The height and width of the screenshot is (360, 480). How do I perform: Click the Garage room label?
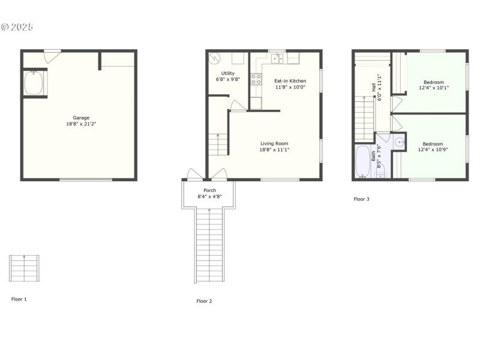point(81,118)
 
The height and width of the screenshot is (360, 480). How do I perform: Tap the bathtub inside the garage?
point(34,83)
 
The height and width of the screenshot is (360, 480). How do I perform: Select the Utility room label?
point(227,73)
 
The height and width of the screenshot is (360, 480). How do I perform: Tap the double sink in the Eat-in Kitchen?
point(277,59)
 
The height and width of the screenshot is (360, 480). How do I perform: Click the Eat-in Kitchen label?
point(290,80)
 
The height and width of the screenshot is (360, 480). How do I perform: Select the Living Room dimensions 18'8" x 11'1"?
point(275,149)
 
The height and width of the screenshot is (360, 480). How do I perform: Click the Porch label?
point(209,190)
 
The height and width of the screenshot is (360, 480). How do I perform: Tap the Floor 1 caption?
point(19,299)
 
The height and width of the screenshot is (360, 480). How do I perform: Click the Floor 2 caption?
point(205,301)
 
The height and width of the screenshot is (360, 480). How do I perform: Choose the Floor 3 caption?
point(361,199)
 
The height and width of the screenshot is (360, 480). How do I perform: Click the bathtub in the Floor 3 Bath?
point(362,161)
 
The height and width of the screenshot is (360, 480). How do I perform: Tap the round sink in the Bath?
point(399,142)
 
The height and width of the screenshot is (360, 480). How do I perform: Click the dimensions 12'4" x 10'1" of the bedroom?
point(433,88)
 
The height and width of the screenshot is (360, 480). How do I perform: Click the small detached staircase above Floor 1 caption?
point(24,268)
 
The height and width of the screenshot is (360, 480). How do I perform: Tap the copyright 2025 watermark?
point(17,27)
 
